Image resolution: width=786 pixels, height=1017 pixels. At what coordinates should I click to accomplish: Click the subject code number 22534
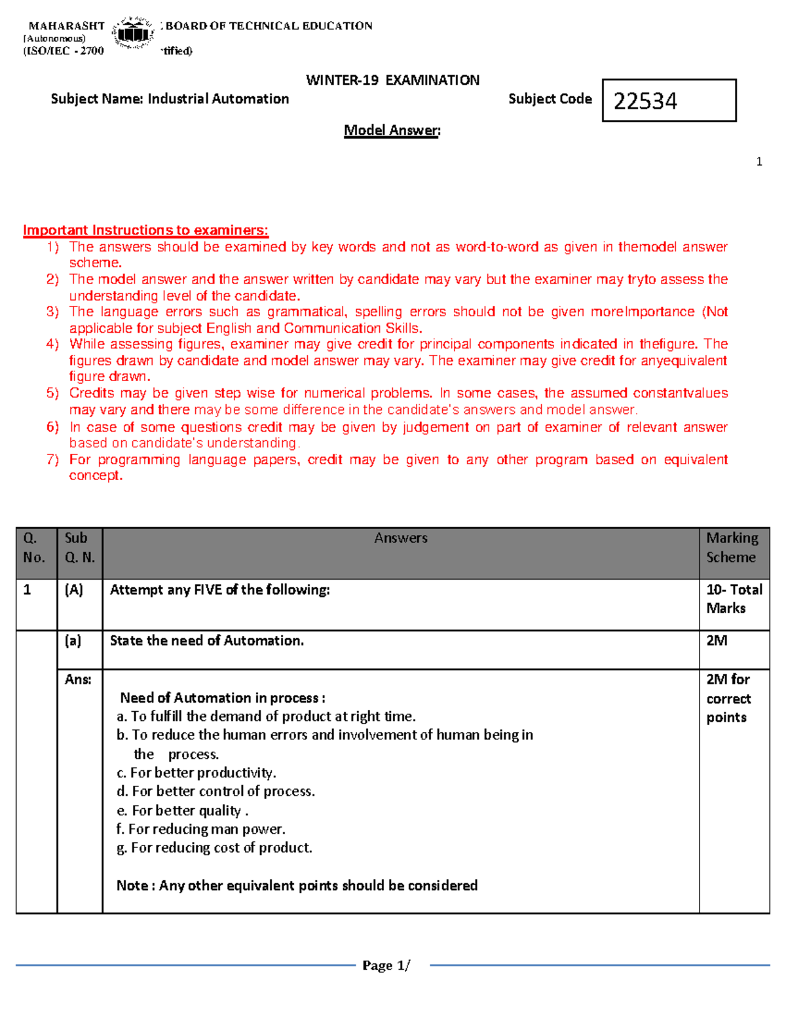(645, 101)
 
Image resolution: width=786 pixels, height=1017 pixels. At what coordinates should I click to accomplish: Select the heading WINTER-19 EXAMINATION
(392, 80)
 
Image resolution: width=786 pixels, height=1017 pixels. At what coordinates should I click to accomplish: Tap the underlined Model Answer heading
(392, 130)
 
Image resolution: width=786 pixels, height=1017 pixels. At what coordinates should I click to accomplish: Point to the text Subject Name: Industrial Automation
(170, 99)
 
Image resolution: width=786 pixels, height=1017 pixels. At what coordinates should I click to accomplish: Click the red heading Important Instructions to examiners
(145, 230)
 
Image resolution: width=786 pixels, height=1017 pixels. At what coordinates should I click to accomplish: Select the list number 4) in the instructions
(52, 344)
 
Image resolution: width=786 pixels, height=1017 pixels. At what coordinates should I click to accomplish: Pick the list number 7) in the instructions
(52, 459)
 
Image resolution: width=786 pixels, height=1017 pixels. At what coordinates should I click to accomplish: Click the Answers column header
(400, 538)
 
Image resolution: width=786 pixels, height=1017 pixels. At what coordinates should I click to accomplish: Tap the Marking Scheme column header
(732, 547)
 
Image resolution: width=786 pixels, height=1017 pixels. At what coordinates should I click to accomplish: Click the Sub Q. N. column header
(79, 547)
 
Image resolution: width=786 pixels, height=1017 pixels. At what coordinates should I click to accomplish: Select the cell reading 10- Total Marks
(734, 599)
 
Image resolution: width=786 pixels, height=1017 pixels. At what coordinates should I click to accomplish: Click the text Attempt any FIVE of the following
(219, 589)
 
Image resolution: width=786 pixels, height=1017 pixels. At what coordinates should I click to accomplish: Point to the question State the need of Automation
(206, 640)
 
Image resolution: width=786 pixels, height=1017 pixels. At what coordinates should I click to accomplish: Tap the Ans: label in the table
(78, 679)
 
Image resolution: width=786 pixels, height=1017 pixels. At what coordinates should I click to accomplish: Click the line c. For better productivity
(196, 773)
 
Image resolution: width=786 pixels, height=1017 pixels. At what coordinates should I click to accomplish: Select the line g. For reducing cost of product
(214, 847)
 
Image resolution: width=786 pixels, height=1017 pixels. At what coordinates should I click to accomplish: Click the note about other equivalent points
(297, 885)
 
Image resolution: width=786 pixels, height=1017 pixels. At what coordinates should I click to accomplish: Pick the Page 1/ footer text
(386, 965)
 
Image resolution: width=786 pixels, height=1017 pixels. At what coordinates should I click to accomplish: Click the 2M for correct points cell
(728, 698)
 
